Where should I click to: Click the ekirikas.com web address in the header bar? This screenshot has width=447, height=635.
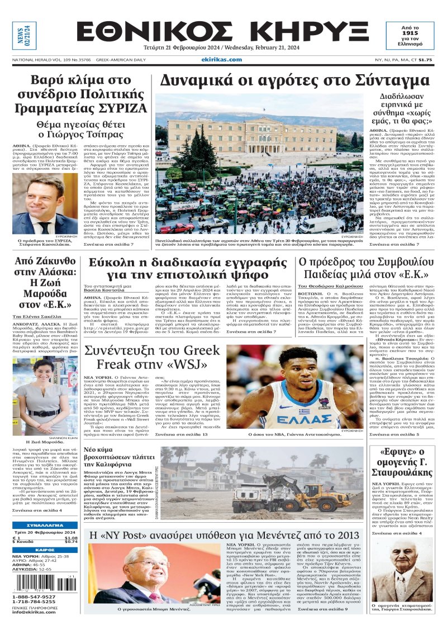point(221,60)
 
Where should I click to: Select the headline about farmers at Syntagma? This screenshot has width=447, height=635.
point(294,81)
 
